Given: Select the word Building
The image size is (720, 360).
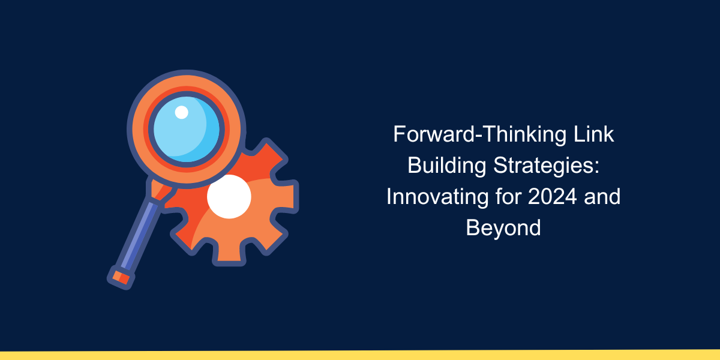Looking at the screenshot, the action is [447, 166].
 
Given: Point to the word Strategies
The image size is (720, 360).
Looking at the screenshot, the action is [544, 166].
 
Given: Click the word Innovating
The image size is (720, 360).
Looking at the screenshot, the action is [437, 197].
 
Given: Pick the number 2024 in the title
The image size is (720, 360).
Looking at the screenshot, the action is [553, 197].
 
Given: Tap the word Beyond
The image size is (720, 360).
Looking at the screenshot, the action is [503, 228].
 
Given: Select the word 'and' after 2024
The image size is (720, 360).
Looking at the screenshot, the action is [602, 197].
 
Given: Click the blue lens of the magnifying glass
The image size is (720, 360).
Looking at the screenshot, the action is [187, 129].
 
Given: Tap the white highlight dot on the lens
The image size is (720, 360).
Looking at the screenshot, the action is [182, 112].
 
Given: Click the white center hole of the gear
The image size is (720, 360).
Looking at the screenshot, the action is [229, 197].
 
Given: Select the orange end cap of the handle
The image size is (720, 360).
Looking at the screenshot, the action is [121, 277].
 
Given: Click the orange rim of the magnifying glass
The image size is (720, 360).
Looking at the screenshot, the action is [187, 82].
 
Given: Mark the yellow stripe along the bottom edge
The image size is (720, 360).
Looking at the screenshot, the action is [360, 355].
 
